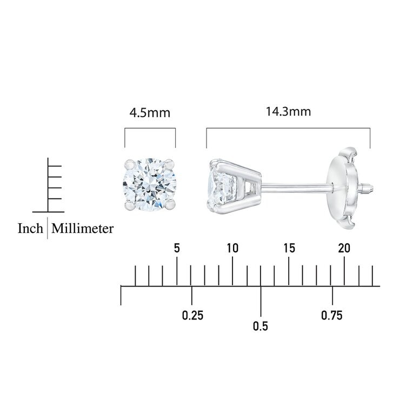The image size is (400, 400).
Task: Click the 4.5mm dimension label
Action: point(150,113)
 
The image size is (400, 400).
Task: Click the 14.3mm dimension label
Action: point(288,112)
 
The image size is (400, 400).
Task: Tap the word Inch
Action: point(30,228)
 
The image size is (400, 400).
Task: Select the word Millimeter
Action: point(82,228)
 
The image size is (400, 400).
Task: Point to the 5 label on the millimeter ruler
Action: point(177,248)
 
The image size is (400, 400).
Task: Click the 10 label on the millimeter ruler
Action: point(232,248)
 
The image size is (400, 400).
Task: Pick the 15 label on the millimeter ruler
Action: point(289,248)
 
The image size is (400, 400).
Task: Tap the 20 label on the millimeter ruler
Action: point(344,248)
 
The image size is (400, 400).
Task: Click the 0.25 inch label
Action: point(192,316)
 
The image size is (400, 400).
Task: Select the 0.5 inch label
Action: point(261,326)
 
